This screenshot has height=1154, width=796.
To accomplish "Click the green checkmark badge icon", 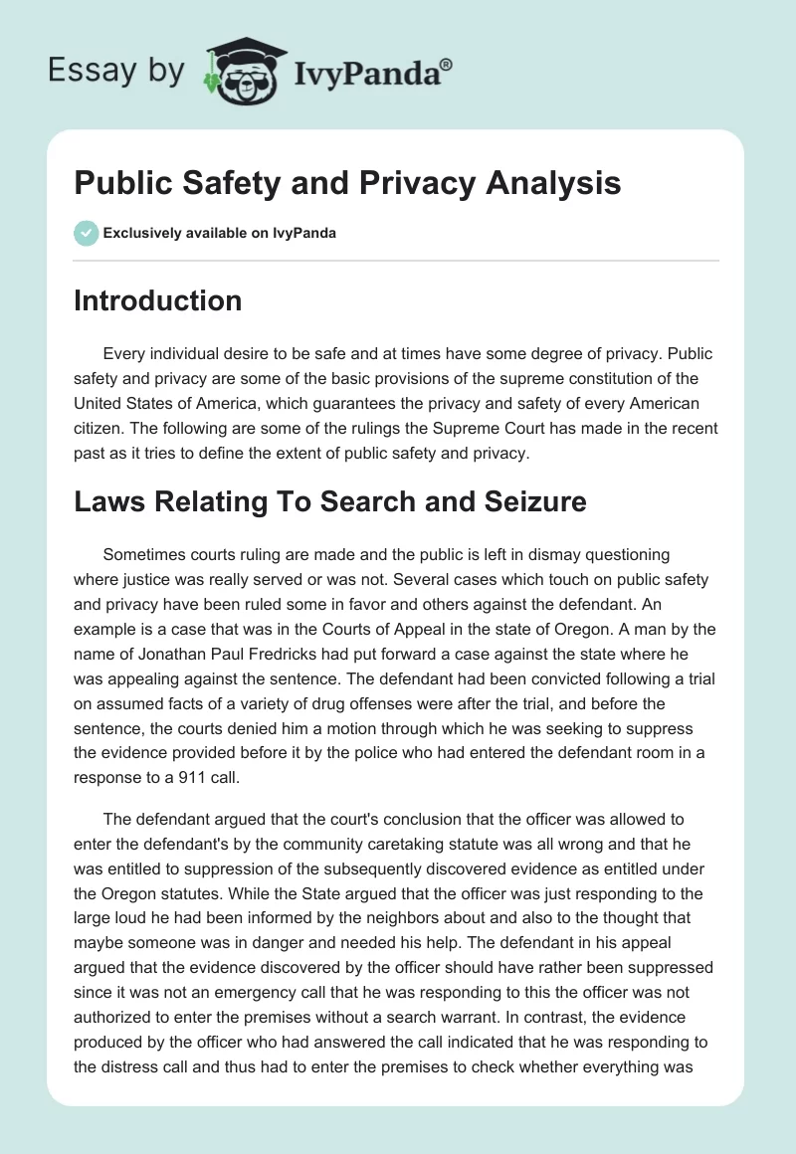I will point(87,234).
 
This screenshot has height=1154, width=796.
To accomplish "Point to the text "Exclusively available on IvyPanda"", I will point(220,234).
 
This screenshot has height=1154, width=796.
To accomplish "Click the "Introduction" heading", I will point(157,300).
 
